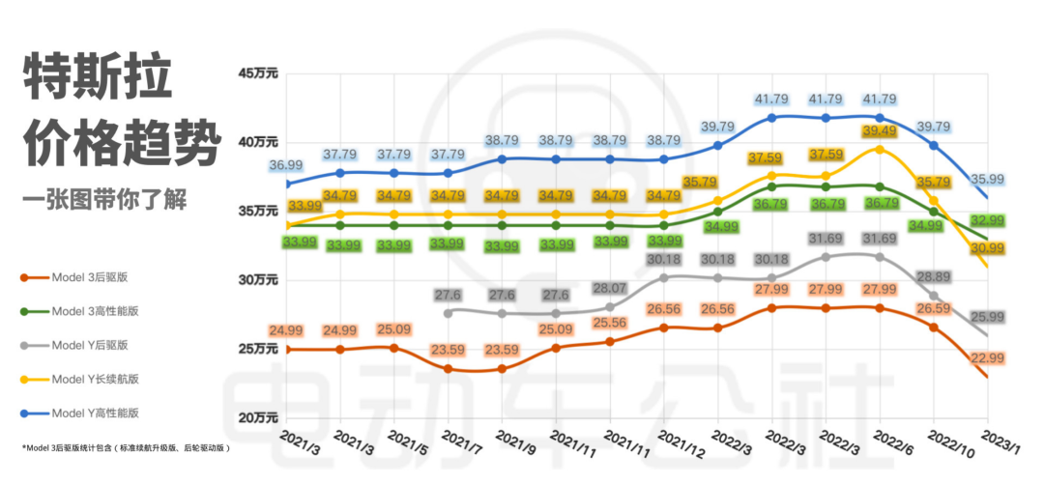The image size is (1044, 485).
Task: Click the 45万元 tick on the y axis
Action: (x=257, y=73)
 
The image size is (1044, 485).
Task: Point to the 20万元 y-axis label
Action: (x=257, y=417)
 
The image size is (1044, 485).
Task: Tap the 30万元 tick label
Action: (x=257, y=280)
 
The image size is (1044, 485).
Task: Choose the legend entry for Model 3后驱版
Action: (x=91, y=277)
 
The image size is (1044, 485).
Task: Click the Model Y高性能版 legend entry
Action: (x=96, y=413)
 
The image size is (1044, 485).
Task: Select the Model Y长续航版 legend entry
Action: (x=96, y=379)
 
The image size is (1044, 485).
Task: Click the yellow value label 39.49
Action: (x=879, y=131)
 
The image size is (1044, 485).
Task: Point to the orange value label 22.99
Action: (x=986, y=357)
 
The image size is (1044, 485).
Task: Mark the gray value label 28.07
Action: (x=609, y=288)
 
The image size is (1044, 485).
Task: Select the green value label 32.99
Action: (x=986, y=221)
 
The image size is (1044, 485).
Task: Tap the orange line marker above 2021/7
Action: (x=449, y=369)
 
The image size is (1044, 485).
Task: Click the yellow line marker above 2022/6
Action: (x=879, y=149)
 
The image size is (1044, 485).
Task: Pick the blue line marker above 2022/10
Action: (x=933, y=145)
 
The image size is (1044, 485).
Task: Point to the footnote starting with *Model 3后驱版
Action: (x=127, y=448)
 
